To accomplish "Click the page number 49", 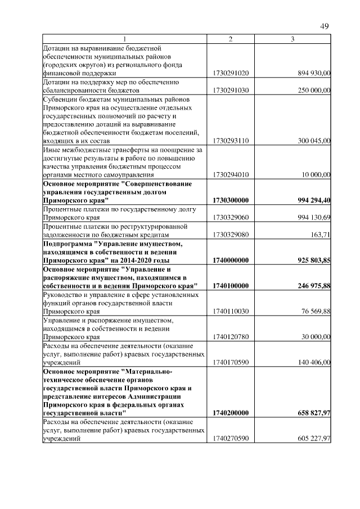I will click(325, 26).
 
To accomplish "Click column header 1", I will click(125, 39).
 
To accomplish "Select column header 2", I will click(231, 39).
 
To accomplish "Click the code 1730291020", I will click(231, 73).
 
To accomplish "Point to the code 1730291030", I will click(231, 90).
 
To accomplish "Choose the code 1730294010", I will click(231, 175).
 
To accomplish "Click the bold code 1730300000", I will click(231, 201).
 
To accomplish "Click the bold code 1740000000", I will click(231, 260).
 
